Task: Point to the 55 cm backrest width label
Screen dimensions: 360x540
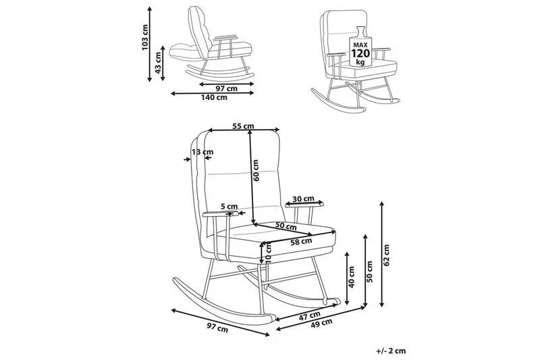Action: pos(243,126)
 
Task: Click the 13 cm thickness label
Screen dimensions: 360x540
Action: pos(202,152)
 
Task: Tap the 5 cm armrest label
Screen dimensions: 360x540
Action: pos(230,207)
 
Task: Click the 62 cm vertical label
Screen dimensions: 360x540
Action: pos(387,251)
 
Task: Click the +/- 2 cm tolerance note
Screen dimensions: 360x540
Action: pos(391,351)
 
